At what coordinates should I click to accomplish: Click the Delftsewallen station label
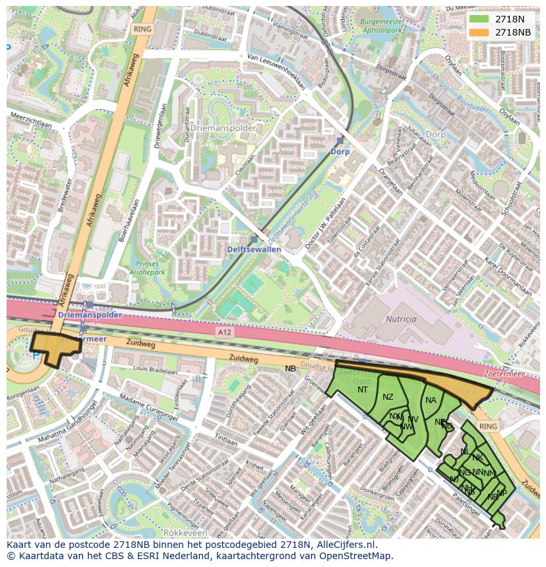tap(254, 250)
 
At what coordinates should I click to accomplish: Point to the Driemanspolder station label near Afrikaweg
tap(90, 315)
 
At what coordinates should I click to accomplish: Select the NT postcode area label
tap(363, 390)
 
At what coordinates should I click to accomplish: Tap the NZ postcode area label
tap(388, 396)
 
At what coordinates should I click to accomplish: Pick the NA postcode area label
tap(431, 400)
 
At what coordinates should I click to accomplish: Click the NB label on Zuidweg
tap(290, 369)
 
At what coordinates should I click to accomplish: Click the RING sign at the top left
tap(142, 30)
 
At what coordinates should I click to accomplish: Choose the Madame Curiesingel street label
tap(148, 408)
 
